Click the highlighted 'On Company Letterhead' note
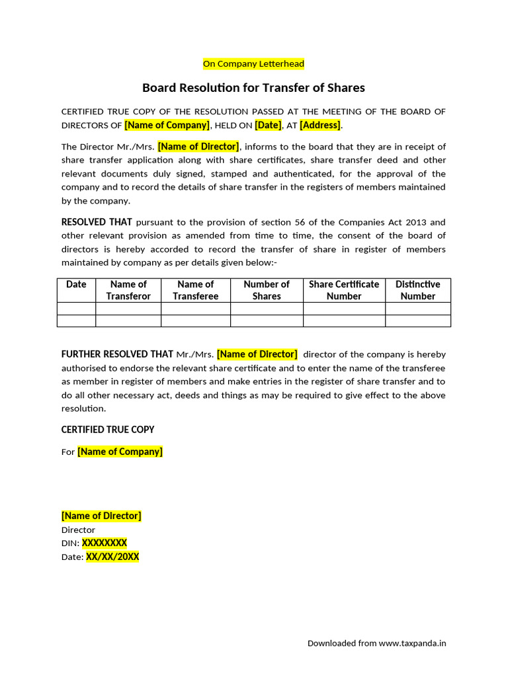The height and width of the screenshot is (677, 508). click(x=253, y=63)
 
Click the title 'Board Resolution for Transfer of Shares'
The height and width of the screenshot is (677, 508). click(x=253, y=87)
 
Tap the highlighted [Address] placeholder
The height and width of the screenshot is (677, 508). click(x=321, y=125)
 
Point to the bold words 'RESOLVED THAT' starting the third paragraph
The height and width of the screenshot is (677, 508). click(x=97, y=222)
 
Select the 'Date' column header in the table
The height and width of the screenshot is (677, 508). click(x=76, y=284)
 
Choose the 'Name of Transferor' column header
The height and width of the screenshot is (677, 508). click(x=128, y=290)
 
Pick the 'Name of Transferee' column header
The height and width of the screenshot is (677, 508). click(x=195, y=290)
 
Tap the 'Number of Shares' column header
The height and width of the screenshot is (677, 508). click(x=267, y=290)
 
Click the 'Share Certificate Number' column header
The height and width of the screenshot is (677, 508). click(x=344, y=290)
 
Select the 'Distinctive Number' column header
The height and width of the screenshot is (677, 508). click(x=417, y=290)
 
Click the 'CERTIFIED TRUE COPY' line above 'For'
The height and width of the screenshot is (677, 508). click(x=108, y=430)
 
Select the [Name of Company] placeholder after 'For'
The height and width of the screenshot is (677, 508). click(x=120, y=452)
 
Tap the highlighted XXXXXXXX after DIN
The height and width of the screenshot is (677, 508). click(x=104, y=543)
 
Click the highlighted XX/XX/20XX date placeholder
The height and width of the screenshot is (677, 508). click(x=112, y=557)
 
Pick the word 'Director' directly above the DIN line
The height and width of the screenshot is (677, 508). click(x=78, y=530)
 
